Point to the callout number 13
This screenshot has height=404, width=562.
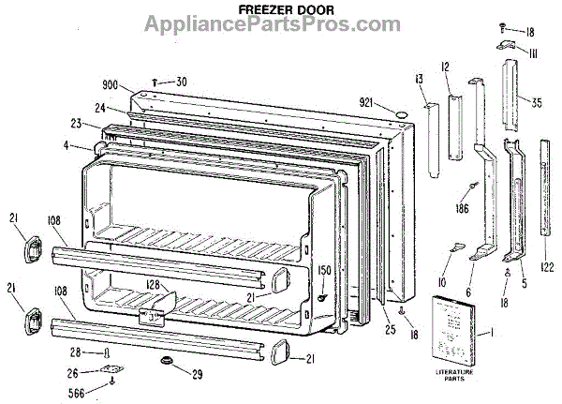click(421, 77)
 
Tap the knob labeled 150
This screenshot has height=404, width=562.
click(323, 298)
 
